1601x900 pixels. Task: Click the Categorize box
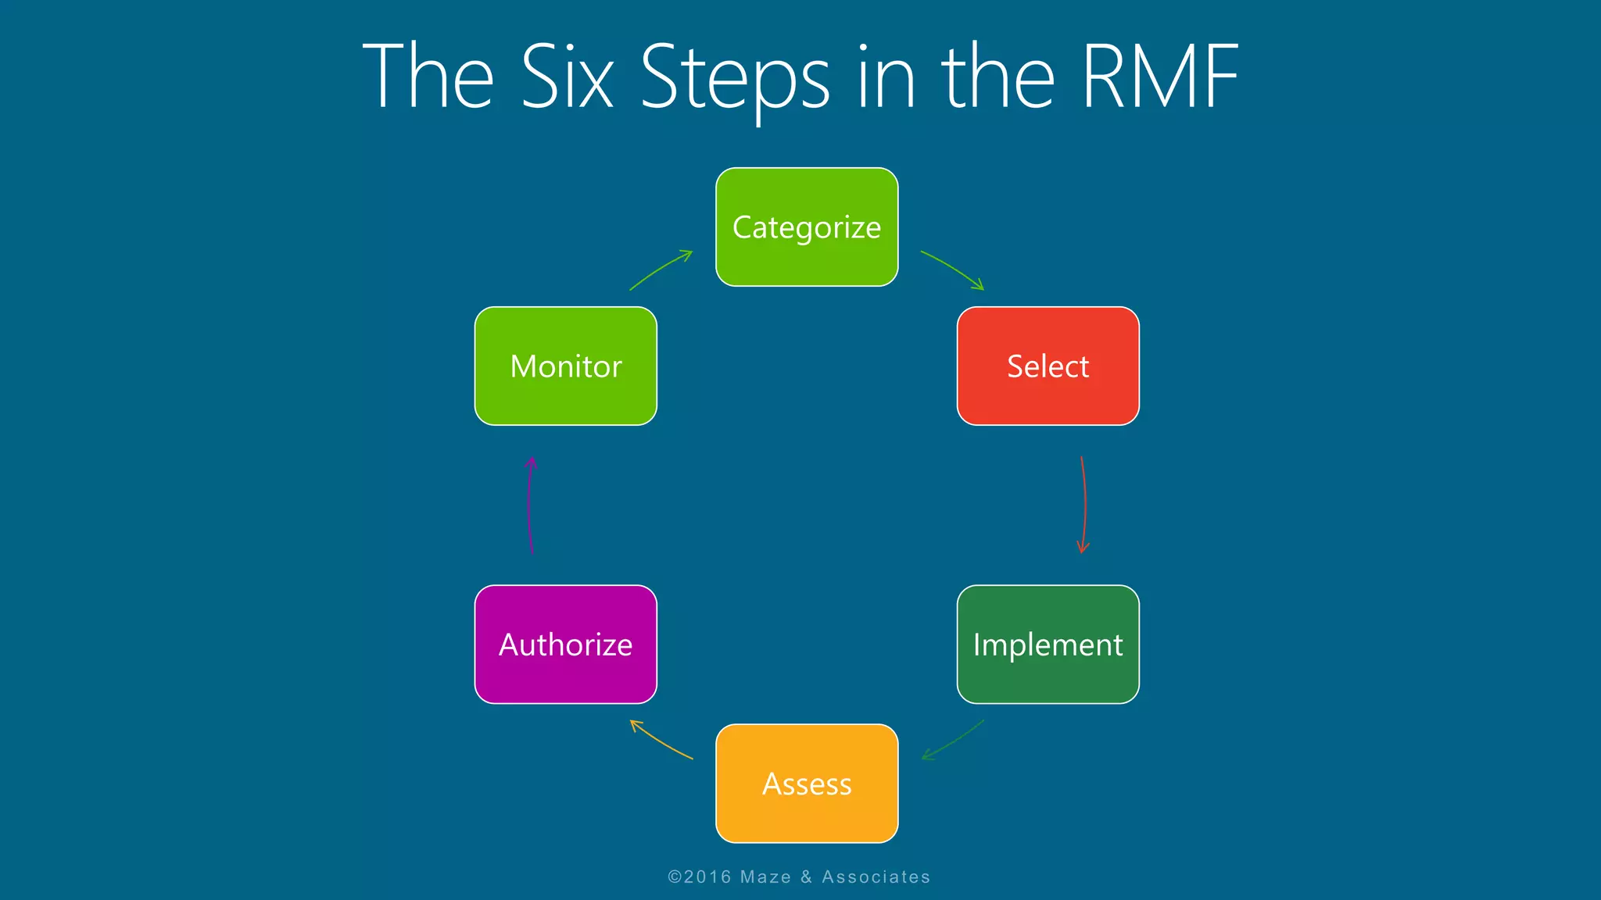(x=807, y=227)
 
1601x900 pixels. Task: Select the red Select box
(x=1048, y=366)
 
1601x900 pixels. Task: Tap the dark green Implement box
(x=1048, y=645)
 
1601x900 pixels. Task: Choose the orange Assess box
(x=807, y=784)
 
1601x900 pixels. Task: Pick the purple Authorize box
(x=565, y=645)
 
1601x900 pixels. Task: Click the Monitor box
(x=565, y=366)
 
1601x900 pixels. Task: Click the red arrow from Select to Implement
(x=1084, y=505)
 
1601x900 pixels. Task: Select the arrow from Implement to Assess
(x=953, y=740)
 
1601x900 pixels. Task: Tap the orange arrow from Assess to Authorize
(x=661, y=740)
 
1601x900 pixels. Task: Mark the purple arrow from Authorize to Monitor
(x=530, y=505)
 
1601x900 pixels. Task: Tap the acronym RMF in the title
(x=1160, y=77)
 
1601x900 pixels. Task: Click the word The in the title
(x=428, y=77)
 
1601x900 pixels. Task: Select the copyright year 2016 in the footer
(x=707, y=877)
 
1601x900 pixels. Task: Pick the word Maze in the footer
(x=765, y=877)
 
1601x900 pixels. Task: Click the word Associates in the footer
(x=876, y=877)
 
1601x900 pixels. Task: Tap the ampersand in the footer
(x=806, y=877)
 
